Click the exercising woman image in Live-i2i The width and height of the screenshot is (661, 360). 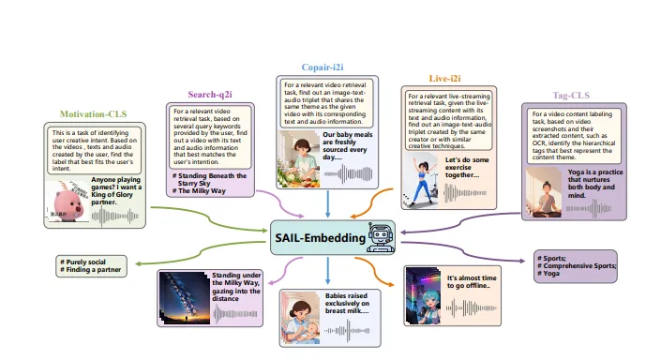pos(421,174)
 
